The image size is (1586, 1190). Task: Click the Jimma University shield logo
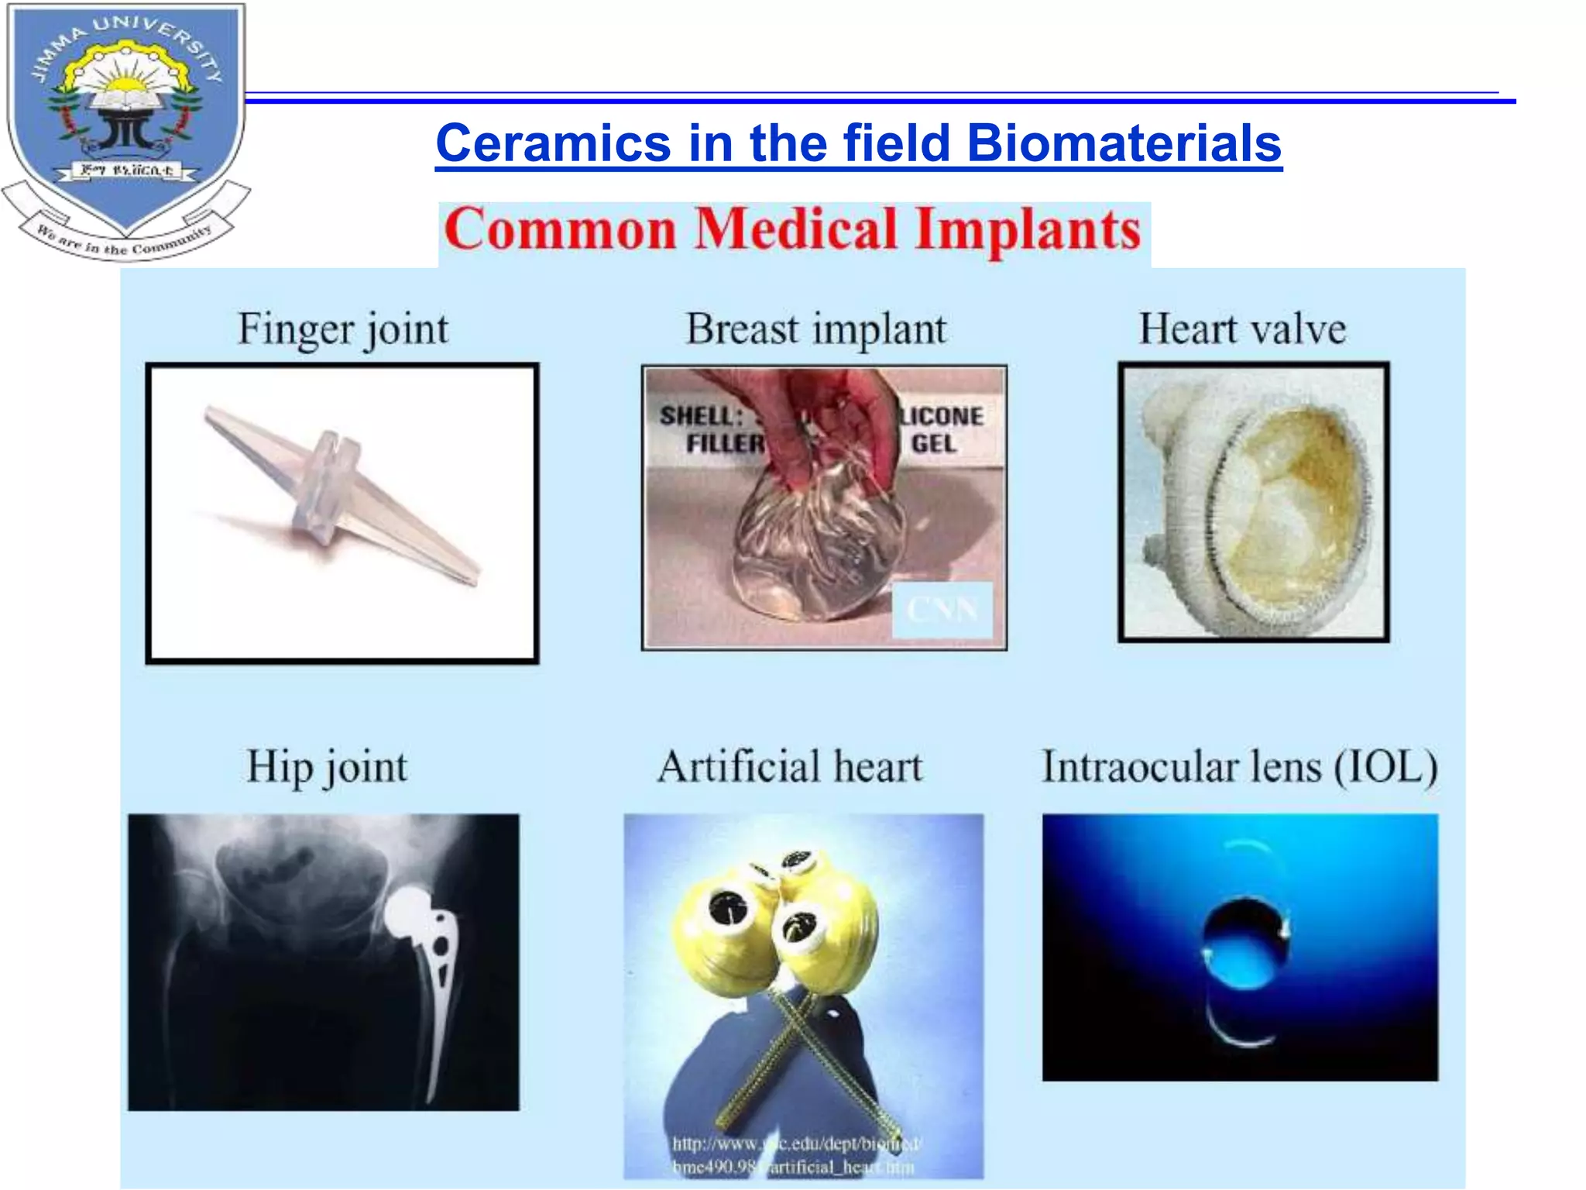coord(126,116)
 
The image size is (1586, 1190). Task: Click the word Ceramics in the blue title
coord(553,144)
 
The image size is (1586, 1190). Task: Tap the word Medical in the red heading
coord(795,230)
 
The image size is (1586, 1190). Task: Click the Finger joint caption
coord(342,329)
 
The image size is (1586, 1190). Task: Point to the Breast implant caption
coord(815,329)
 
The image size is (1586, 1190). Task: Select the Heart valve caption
coord(1242,329)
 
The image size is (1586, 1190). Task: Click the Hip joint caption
coord(327,767)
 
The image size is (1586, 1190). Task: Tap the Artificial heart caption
coord(790,767)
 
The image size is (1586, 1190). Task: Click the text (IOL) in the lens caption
coord(1385,767)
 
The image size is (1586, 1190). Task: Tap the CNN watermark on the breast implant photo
coord(942,610)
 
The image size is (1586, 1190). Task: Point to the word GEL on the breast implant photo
coord(933,444)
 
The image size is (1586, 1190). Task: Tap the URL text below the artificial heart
coord(795,1154)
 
